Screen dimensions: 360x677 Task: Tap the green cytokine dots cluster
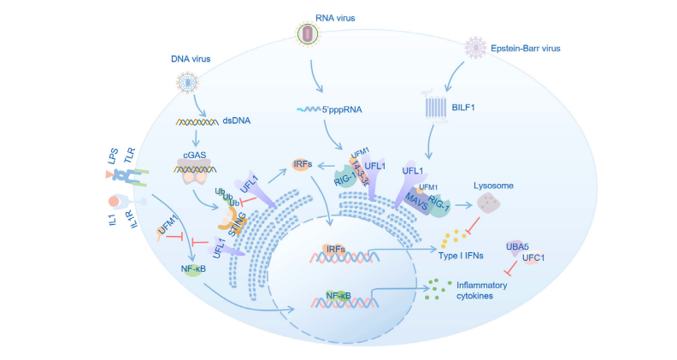440,286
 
